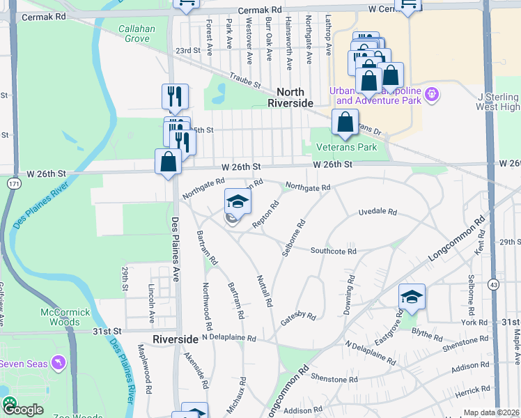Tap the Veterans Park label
[x=346, y=147]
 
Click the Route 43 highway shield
[x=492, y=284]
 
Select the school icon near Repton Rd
[x=238, y=202]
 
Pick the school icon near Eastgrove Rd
[x=412, y=297]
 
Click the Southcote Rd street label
[x=333, y=251]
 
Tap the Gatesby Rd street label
[x=298, y=316]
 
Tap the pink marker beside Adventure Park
[x=432, y=93]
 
